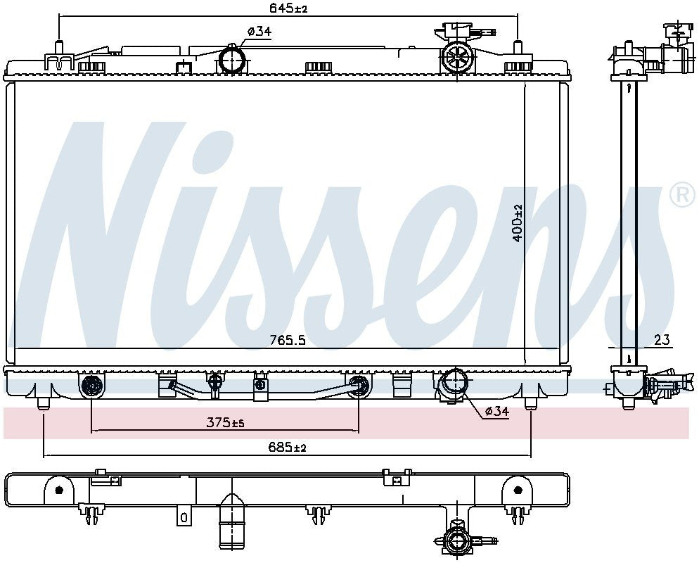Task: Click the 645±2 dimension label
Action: pyautogui.click(x=288, y=8)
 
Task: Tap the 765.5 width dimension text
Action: pyautogui.click(x=288, y=340)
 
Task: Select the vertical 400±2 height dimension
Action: pyautogui.click(x=518, y=223)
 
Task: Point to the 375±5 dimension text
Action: pyautogui.click(x=225, y=422)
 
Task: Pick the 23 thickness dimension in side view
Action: pyautogui.click(x=662, y=340)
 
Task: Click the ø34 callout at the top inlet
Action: pyautogui.click(x=259, y=31)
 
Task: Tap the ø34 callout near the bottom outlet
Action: pyautogui.click(x=496, y=412)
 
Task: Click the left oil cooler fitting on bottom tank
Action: pyautogui.click(x=91, y=386)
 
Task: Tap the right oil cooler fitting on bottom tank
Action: pyautogui.click(x=358, y=386)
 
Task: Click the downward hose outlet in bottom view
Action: pyautogui.click(x=231, y=524)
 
